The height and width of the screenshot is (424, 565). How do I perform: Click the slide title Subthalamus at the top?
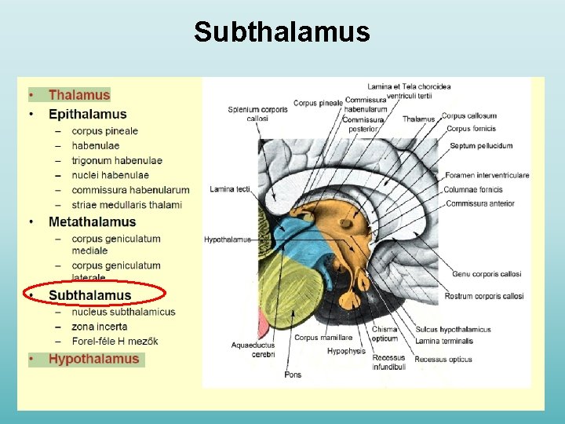[282, 32]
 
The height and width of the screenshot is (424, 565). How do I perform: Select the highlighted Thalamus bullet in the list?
[79, 95]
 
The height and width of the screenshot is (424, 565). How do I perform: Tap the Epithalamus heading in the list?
[87, 114]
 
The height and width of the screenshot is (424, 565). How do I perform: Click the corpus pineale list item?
[104, 130]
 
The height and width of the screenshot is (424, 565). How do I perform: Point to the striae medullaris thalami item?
[126, 205]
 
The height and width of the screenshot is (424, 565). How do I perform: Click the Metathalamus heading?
[92, 222]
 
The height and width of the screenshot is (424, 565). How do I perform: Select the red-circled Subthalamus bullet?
[89, 295]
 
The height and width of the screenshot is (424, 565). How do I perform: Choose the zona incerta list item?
[99, 326]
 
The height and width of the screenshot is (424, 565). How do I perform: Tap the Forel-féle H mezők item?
[115, 341]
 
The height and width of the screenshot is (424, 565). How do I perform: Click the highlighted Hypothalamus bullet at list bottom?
[93, 359]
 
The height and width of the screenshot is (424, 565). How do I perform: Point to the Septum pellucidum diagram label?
[481, 145]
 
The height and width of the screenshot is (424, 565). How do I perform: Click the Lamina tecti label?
[230, 189]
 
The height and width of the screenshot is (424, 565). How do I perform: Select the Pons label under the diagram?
[293, 375]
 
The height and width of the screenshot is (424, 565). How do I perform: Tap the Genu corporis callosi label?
[487, 274]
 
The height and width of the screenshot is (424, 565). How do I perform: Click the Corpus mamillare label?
[323, 338]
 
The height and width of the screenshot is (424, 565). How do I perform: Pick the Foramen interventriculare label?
[487, 175]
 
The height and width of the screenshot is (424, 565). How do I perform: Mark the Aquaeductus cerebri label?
[253, 349]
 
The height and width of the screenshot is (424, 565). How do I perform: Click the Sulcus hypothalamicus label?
[453, 330]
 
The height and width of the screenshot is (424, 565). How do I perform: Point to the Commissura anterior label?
[480, 203]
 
